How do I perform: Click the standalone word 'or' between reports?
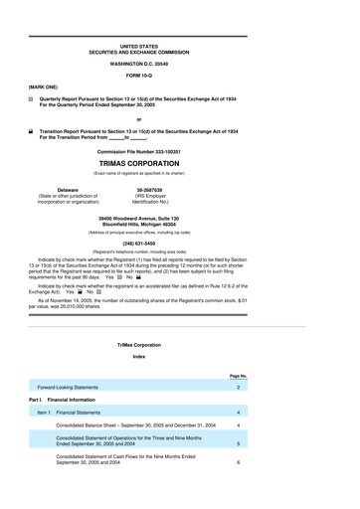(179, 118)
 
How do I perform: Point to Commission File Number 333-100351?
(179, 150)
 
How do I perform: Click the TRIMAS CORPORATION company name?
(179, 162)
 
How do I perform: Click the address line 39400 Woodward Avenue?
(179, 217)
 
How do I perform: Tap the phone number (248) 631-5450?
(179, 242)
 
